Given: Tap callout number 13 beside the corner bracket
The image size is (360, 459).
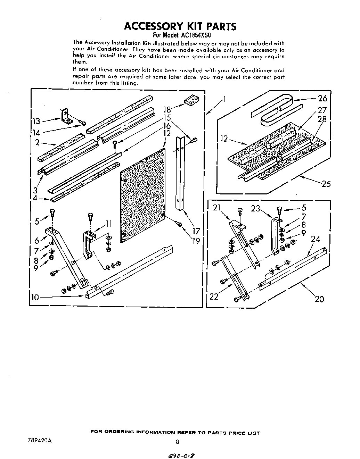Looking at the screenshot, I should pyautogui.click(x=36, y=121).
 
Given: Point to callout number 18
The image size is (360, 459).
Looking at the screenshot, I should pyautogui.click(x=167, y=110).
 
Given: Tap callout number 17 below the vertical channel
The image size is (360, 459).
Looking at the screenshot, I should pyautogui.click(x=196, y=231).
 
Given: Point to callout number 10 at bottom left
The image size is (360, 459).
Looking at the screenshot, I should pyautogui.click(x=35, y=297).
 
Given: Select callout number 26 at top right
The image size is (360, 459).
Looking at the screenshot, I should pyautogui.click(x=322, y=99).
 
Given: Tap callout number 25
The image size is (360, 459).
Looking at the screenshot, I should pyautogui.click(x=326, y=184).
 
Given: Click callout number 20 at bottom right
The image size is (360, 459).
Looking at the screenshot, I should pyautogui.click(x=319, y=299).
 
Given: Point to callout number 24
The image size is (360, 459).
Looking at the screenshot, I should pyautogui.click(x=315, y=239).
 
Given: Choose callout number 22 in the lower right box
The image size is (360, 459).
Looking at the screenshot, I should pyautogui.click(x=214, y=296).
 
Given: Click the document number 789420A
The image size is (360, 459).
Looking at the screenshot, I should pyautogui.click(x=39, y=441).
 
